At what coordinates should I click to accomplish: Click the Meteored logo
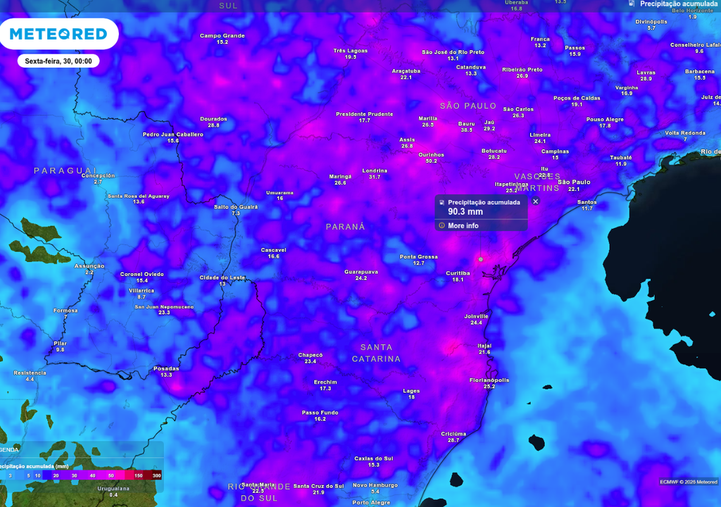coord(58,34)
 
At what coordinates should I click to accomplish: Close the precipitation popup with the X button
coord(535,201)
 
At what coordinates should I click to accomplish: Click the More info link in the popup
coord(463,225)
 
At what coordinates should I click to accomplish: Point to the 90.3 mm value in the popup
coord(465,211)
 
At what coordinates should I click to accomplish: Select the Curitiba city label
coord(458,273)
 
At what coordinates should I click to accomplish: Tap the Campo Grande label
coord(222,35)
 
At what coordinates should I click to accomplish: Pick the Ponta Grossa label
coord(418,256)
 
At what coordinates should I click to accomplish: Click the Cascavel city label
coord(273,250)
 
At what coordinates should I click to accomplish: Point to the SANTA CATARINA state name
coord(380,353)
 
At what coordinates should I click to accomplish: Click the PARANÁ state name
coord(345,227)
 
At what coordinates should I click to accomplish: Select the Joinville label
coord(476,316)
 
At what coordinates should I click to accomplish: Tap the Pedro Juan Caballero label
coord(173,134)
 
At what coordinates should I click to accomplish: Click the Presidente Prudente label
coord(364,114)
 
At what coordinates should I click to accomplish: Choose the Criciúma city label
coord(453,434)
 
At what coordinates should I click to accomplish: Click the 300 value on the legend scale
coord(156,476)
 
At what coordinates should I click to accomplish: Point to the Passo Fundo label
coord(320,413)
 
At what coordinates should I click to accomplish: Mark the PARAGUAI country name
coord(65,170)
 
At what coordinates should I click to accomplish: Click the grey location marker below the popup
coord(481,259)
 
